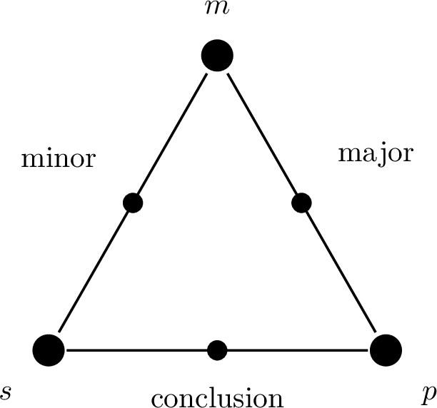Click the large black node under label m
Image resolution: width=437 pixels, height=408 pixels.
coord(217,56)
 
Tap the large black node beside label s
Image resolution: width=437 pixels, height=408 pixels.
coord(49,350)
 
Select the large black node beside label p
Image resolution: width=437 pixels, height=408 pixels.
coord(386,350)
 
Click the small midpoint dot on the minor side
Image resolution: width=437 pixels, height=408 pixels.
coord(133,203)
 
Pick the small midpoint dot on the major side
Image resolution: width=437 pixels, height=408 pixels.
coord(301,203)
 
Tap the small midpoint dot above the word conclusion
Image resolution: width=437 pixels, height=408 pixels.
coord(217,350)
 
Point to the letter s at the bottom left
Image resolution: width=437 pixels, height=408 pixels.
coord(7,391)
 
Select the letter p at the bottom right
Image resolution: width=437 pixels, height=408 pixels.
coord(426,393)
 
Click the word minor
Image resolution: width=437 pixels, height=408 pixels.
coord(59,158)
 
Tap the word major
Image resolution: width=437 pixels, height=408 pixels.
coord(375,154)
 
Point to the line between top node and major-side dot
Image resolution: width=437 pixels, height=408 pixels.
coord(261,133)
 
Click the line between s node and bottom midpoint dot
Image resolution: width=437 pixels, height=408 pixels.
coord(136,350)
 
